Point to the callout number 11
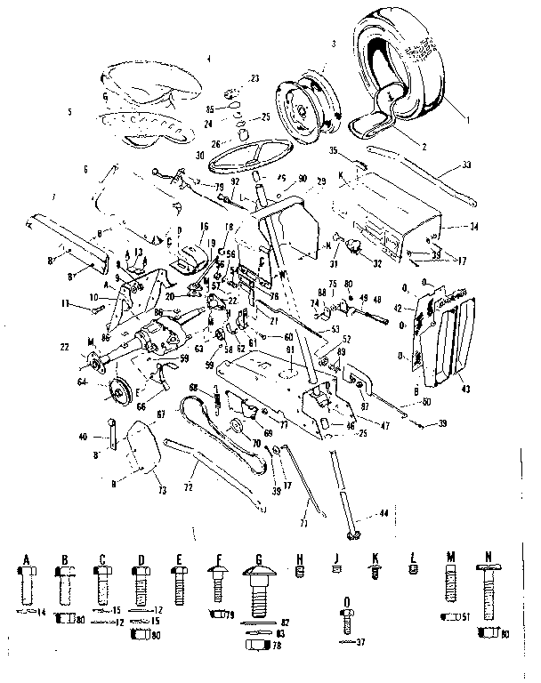(x=66, y=304)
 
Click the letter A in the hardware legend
(x=27, y=558)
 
